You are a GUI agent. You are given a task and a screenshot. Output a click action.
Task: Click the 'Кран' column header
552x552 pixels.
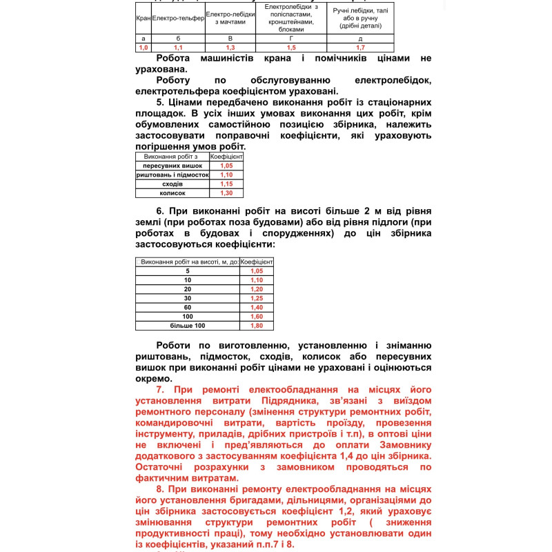point(144,18)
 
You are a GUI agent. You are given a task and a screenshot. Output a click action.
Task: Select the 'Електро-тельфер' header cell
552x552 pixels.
point(178,18)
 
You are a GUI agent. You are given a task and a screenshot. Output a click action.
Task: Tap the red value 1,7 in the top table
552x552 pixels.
point(360,48)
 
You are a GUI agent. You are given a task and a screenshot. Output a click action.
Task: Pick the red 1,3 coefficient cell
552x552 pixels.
point(230,48)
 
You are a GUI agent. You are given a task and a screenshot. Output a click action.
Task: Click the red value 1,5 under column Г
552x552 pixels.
point(291,48)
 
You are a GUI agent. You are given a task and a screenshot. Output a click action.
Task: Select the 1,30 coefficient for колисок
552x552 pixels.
point(226,193)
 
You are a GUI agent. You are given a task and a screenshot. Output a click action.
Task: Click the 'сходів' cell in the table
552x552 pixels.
point(172,184)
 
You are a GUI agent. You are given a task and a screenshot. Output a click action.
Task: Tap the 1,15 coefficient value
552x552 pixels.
point(226,184)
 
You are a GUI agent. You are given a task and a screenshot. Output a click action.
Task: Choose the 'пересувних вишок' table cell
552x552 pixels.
point(172,166)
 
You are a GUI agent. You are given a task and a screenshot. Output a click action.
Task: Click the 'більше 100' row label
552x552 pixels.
point(188,326)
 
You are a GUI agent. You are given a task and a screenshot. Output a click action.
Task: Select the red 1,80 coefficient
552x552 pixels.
point(257,326)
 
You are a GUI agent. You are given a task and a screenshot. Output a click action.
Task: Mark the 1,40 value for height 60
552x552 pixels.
point(257,307)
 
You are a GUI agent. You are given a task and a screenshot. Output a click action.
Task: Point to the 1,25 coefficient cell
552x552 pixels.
point(257,298)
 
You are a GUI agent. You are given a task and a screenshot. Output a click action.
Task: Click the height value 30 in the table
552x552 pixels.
point(188,298)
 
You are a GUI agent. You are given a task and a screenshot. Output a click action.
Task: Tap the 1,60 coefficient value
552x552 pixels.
point(257,316)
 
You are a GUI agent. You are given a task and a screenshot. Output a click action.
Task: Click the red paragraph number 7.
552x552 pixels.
point(160,390)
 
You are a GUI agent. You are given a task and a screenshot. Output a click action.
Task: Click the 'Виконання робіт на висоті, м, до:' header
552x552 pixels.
point(188,262)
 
